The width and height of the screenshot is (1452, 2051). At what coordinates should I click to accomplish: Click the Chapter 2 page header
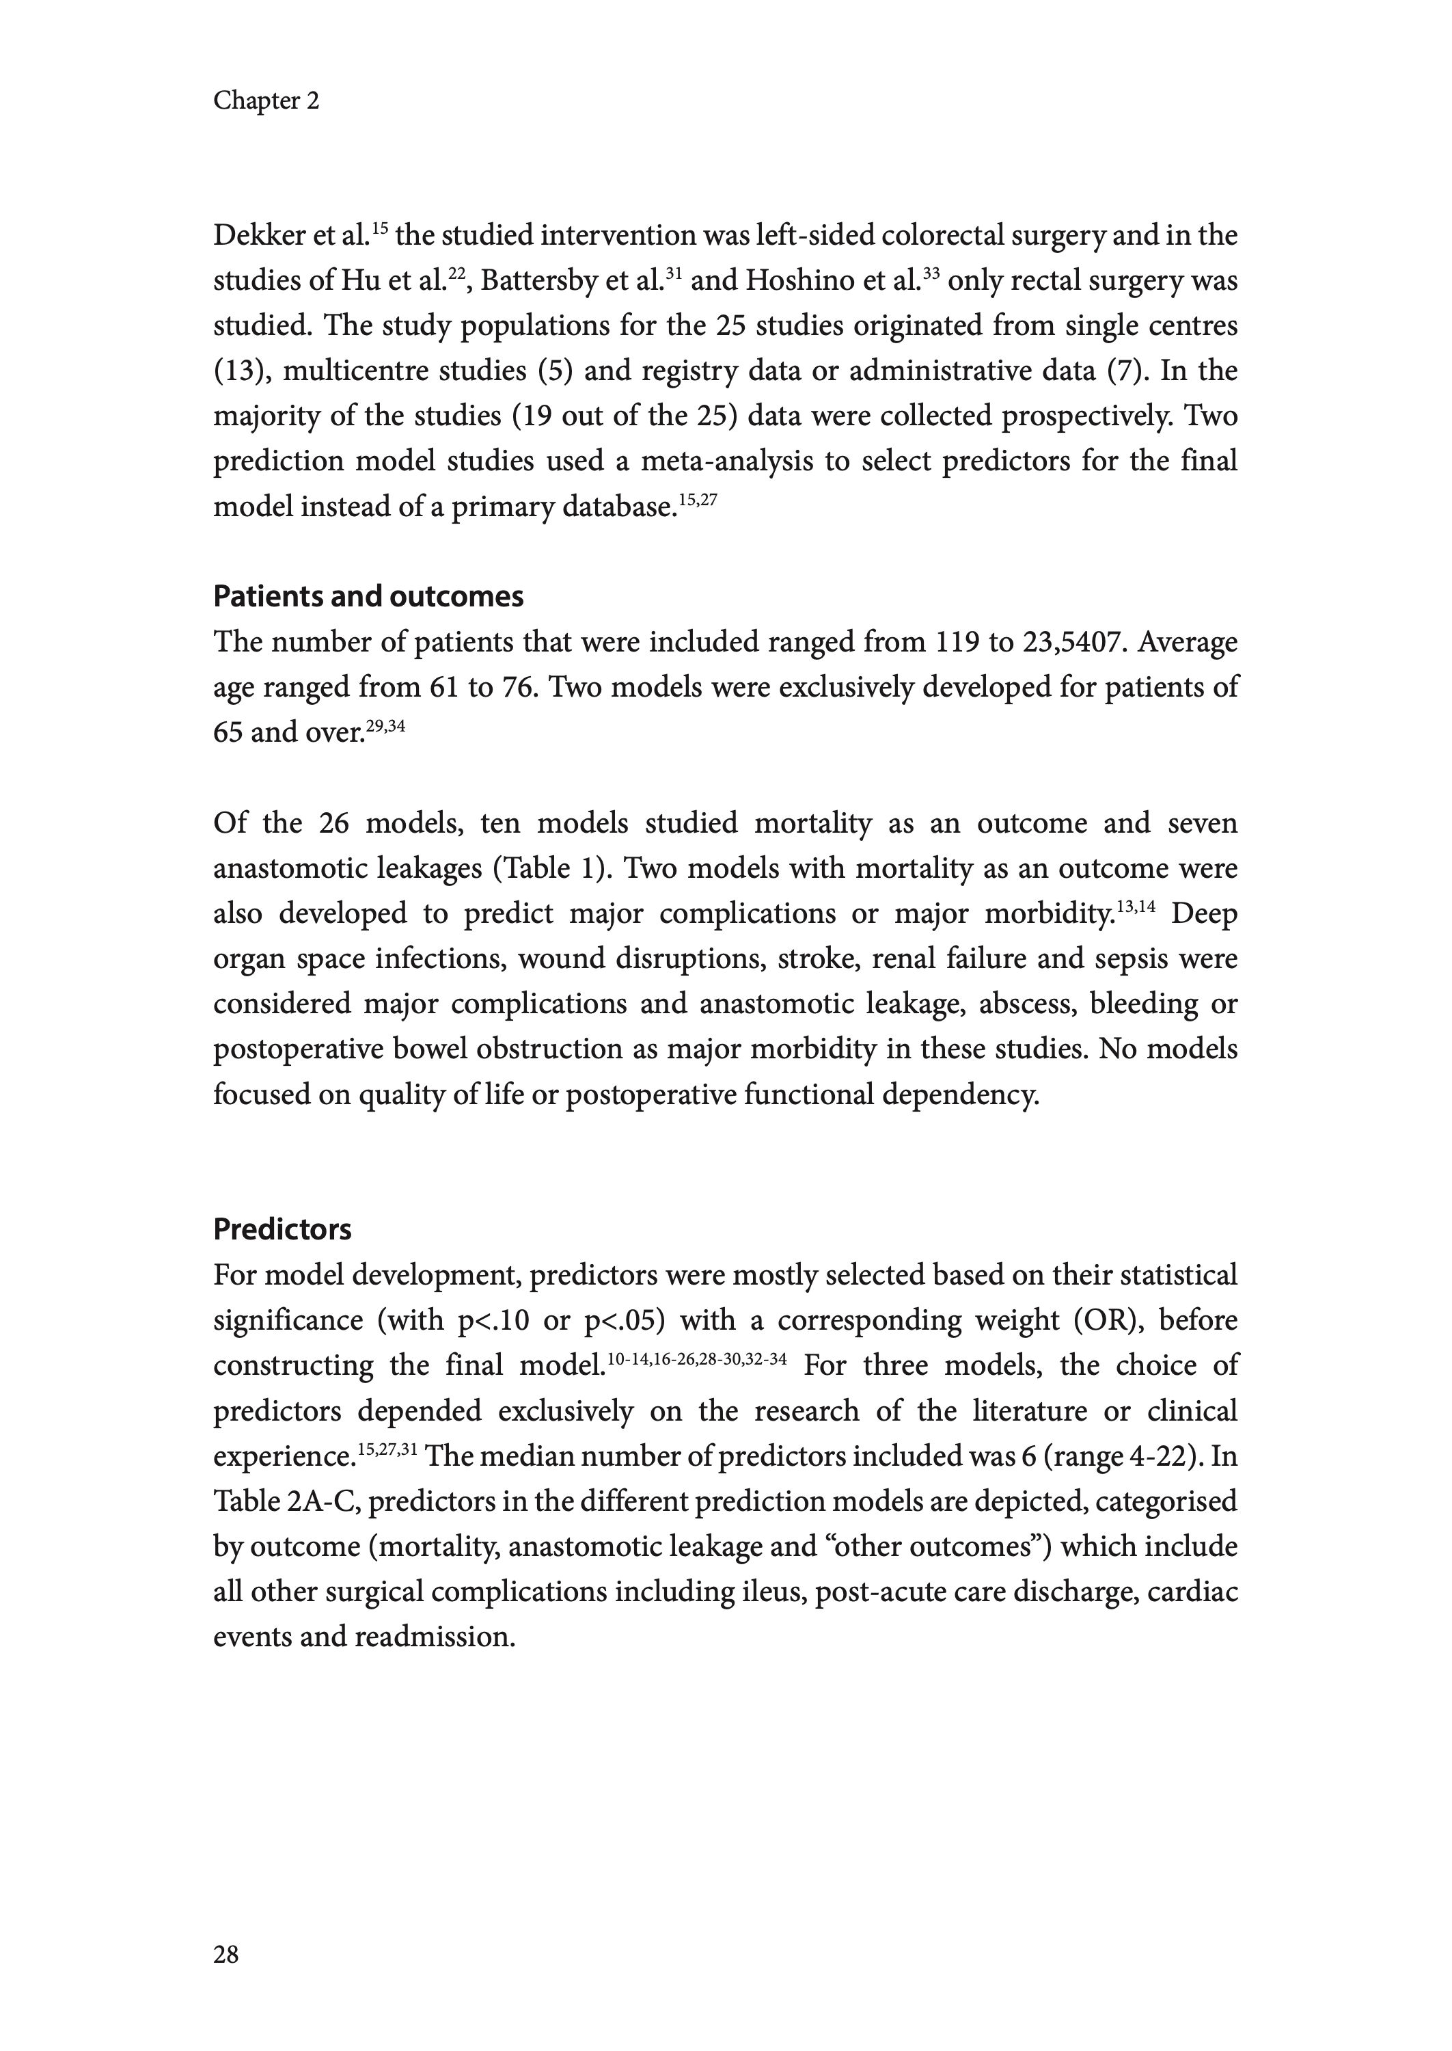point(266,101)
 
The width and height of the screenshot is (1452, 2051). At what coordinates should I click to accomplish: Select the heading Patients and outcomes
point(368,597)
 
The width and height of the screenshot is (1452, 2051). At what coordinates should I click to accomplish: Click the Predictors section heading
point(282,1230)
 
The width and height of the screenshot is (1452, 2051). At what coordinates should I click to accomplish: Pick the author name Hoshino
point(797,282)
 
